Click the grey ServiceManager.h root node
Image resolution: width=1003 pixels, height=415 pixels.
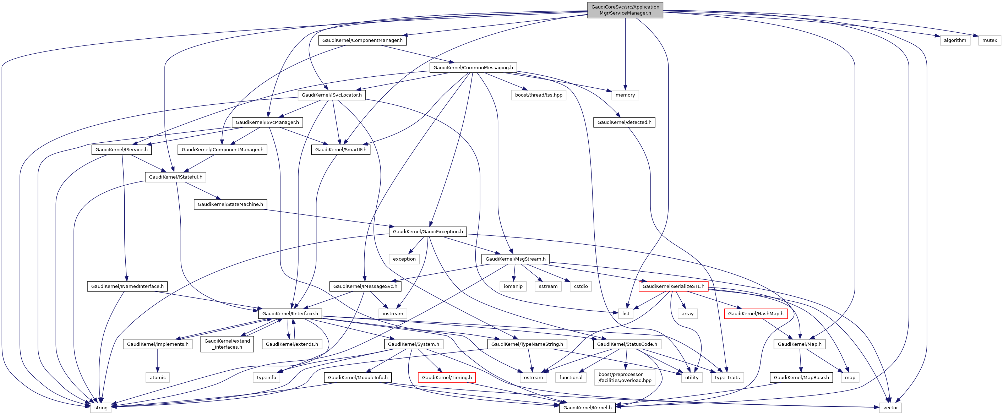tap(625, 10)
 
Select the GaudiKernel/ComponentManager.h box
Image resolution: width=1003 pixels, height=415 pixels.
tap(362, 40)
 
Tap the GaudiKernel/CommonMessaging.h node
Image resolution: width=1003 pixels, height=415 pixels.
tap(473, 68)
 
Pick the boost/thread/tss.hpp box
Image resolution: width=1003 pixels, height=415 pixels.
tap(539, 95)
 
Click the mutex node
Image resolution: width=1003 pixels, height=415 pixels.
tap(990, 40)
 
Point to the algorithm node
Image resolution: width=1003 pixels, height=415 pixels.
tap(955, 40)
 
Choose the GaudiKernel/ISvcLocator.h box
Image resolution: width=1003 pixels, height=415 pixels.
tap(331, 95)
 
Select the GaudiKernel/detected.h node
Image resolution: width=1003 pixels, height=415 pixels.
tap(624, 122)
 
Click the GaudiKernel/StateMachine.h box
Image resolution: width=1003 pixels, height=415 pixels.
tap(230, 204)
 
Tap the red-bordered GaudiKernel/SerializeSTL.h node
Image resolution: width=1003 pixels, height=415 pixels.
tap(673, 286)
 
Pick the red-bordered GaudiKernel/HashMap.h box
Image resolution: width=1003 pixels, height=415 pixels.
tap(756, 314)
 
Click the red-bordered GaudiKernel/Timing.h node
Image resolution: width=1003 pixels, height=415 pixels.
tap(447, 378)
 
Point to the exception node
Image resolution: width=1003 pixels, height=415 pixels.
tap(404, 259)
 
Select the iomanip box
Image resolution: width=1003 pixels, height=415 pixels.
tap(513, 286)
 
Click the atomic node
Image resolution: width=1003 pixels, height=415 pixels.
tap(158, 378)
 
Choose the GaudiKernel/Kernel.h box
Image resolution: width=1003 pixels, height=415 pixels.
tap(587, 408)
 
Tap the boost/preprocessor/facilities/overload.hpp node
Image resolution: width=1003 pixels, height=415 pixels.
tap(625, 378)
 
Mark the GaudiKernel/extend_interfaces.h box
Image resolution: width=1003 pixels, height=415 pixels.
tap(227, 344)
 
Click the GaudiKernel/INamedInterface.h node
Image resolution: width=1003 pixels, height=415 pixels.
tap(127, 286)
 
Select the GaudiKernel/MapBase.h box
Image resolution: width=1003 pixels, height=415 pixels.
tap(801, 378)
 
